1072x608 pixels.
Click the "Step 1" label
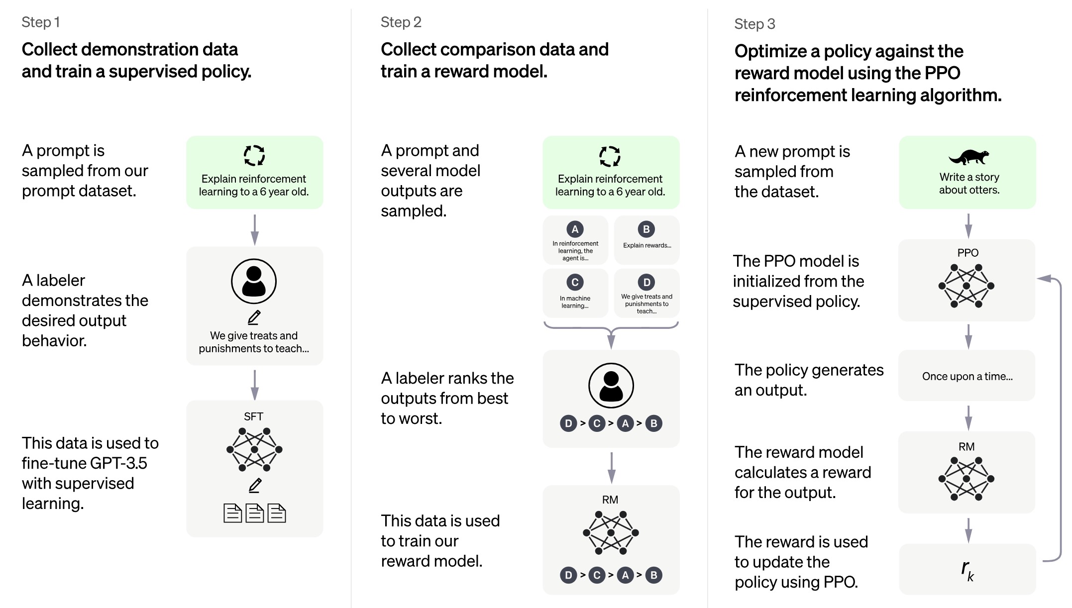(x=41, y=22)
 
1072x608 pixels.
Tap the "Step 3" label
(x=754, y=24)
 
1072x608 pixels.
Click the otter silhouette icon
(x=969, y=157)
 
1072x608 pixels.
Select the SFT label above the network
(x=253, y=416)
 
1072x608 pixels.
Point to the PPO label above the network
(x=967, y=253)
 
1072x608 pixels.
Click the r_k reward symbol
(x=967, y=570)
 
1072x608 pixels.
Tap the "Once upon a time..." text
(x=967, y=377)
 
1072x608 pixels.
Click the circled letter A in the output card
(x=575, y=229)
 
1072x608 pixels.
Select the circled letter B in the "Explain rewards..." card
(x=646, y=229)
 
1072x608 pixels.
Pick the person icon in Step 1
(x=254, y=282)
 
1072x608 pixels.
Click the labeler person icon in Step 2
(x=611, y=386)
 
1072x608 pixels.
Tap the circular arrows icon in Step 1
(x=254, y=155)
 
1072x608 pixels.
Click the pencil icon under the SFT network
(x=255, y=485)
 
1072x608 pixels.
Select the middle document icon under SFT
(x=255, y=513)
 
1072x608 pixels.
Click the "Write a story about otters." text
(x=969, y=184)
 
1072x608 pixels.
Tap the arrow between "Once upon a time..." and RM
(x=968, y=417)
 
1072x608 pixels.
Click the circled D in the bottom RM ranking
(x=568, y=575)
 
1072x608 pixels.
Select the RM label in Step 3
(x=966, y=447)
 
